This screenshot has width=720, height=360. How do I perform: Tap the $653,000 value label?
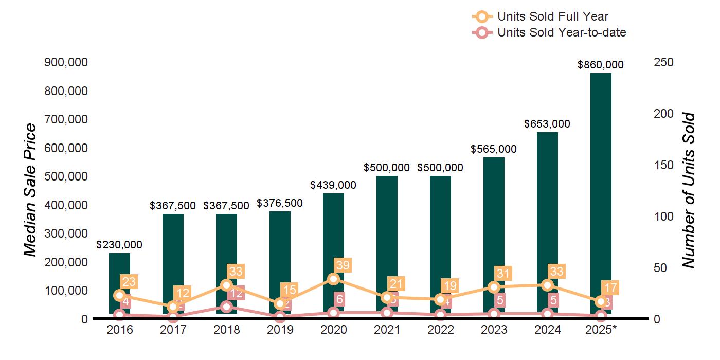[547, 124]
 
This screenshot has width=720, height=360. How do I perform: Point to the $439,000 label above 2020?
[333, 185]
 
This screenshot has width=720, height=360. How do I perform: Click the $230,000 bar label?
[119, 245]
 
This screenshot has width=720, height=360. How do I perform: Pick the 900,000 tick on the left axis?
[66, 62]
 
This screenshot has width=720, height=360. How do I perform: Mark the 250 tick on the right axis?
[664, 62]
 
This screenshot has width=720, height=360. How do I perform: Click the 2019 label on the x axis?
[280, 330]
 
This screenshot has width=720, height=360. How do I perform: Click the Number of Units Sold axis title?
[689, 190]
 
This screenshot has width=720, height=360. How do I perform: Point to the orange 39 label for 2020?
[342, 265]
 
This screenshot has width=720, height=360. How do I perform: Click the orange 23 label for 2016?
[128, 282]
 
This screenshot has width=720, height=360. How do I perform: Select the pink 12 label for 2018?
[236, 294]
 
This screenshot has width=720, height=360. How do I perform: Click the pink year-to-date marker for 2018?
[226, 307]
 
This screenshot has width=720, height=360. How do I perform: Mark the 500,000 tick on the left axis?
[66, 176]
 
